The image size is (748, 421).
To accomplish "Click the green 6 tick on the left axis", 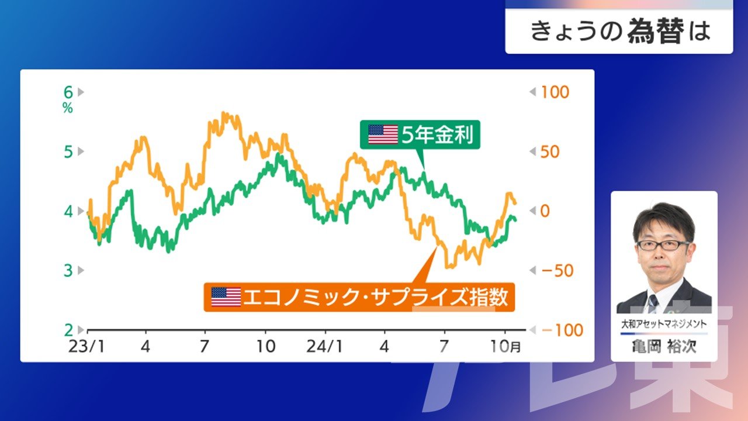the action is point(68,92).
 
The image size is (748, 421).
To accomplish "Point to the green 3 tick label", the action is point(68,271).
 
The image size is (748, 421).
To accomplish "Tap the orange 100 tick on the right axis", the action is point(555,92).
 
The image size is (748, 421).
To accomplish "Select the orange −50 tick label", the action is point(557,271).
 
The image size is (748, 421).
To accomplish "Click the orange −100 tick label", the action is point(562,330).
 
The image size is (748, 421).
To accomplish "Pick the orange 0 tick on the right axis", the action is point(545,211).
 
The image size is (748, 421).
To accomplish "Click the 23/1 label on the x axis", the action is point(86,347).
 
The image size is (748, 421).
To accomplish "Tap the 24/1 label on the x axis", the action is point(324,347).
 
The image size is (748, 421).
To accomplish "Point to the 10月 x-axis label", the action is point(505,347).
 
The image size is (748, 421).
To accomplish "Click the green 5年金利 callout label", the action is point(420,134).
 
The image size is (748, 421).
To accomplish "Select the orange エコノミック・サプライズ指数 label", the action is point(359,298).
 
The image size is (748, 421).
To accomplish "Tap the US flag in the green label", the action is point(383,134).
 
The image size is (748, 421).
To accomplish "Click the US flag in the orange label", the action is point(226,297).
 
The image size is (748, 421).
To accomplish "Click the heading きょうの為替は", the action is point(620,32).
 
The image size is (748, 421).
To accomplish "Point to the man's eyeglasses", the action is point(663,246).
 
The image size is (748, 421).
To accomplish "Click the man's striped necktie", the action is point(653,303).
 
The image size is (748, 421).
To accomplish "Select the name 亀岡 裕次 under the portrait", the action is point(664,347).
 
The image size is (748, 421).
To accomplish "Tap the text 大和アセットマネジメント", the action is point(664,324).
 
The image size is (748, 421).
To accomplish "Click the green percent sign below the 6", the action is point(68,108).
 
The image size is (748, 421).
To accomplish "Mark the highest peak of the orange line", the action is point(223,113).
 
